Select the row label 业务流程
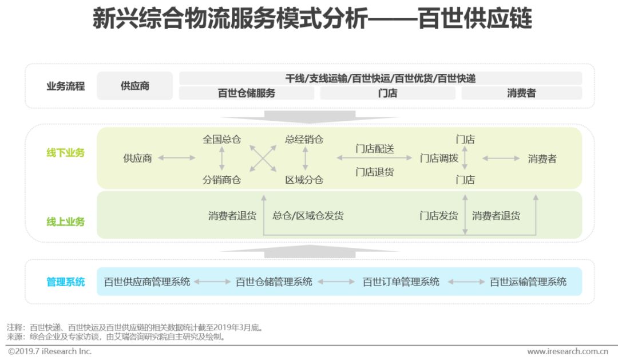(66, 86)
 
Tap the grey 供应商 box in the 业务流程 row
(135, 86)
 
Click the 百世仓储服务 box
(247, 93)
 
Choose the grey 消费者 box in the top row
(521, 93)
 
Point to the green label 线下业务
(66, 153)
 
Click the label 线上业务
(66, 221)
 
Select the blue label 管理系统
(66, 282)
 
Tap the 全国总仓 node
(222, 139)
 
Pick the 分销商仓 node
(222, 180)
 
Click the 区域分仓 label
(304, 180)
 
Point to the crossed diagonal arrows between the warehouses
(263, 158)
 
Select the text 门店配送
(375, 149)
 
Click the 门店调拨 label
(439, 159)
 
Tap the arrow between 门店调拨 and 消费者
(501, 159)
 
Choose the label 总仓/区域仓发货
(308, 216)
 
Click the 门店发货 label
(439, 216)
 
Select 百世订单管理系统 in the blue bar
(401, 282)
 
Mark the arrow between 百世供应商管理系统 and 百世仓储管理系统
(212, 282)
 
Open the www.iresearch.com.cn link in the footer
(567, 351)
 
